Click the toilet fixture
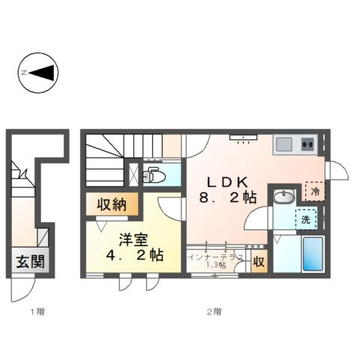[x=157, y=175]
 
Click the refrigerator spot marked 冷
[x=316, y=192]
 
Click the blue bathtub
[x=312, y=255]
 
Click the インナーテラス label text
[x=215, y=256]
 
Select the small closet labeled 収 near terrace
[x=258, y=262]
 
